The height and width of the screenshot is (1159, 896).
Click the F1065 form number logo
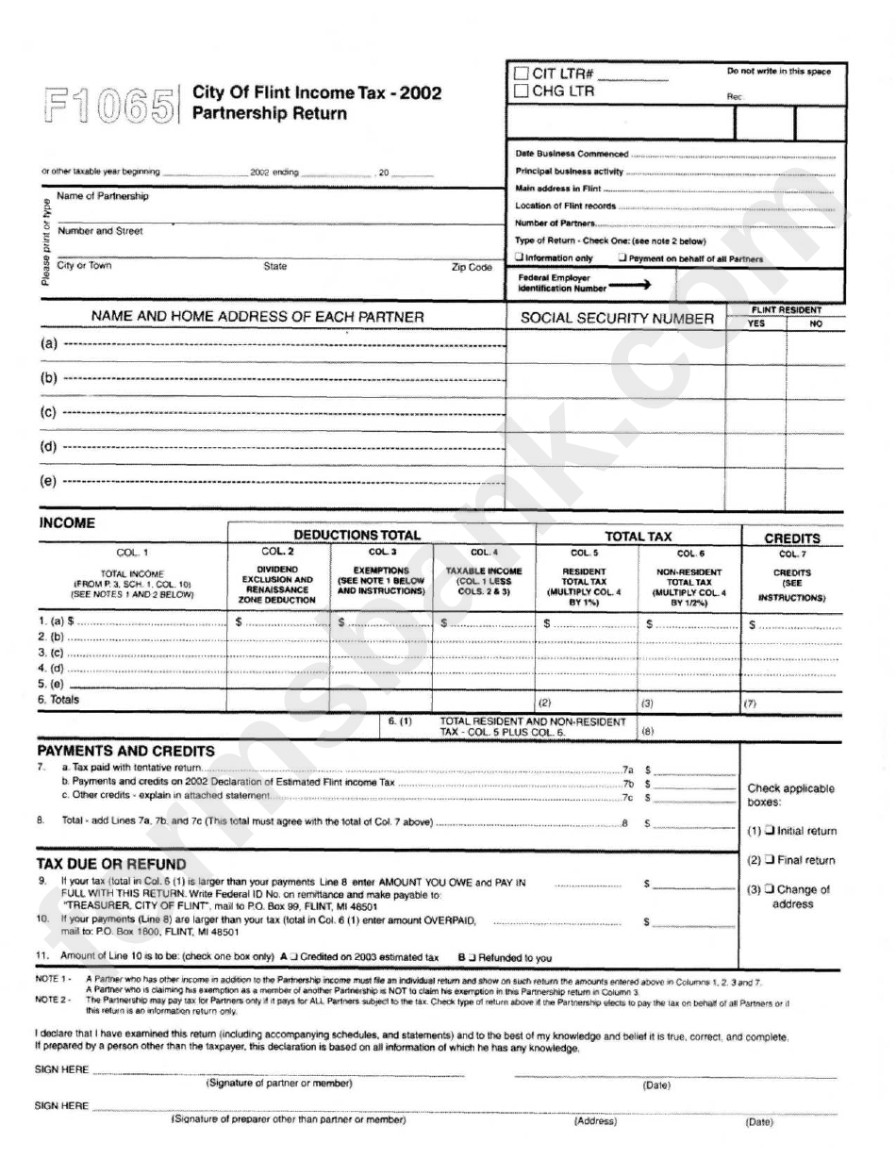pyautogui.click(x=108, y=105)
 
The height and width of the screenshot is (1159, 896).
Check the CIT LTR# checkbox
pyautogui.click(x=521, y=74)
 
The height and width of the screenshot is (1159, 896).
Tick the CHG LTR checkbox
pyautogui.click(x=521, y=91)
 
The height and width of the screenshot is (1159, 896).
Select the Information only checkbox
pyautogui.click(x=519, y=258)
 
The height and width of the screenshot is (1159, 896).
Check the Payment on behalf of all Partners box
pyautogui.click(x=622, y=258)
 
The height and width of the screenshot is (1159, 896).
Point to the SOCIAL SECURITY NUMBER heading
pyautogui.click(x=617, y=319)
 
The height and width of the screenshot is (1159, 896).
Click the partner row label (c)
pyautogui.click(x=48, y=412)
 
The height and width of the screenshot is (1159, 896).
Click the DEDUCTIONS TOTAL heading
pyautogui.click(x=357, y=535)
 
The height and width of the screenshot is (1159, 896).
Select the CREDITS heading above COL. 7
pyautogui.click(x=791, y=538)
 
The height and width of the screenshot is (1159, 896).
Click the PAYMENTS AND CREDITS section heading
pyautogui.click(x=125, y=751)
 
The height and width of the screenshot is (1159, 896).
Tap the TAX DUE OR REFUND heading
pyautogui.click(x=111, y=864)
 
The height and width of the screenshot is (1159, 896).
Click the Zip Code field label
pyautogui.click(x=473, y=267)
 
